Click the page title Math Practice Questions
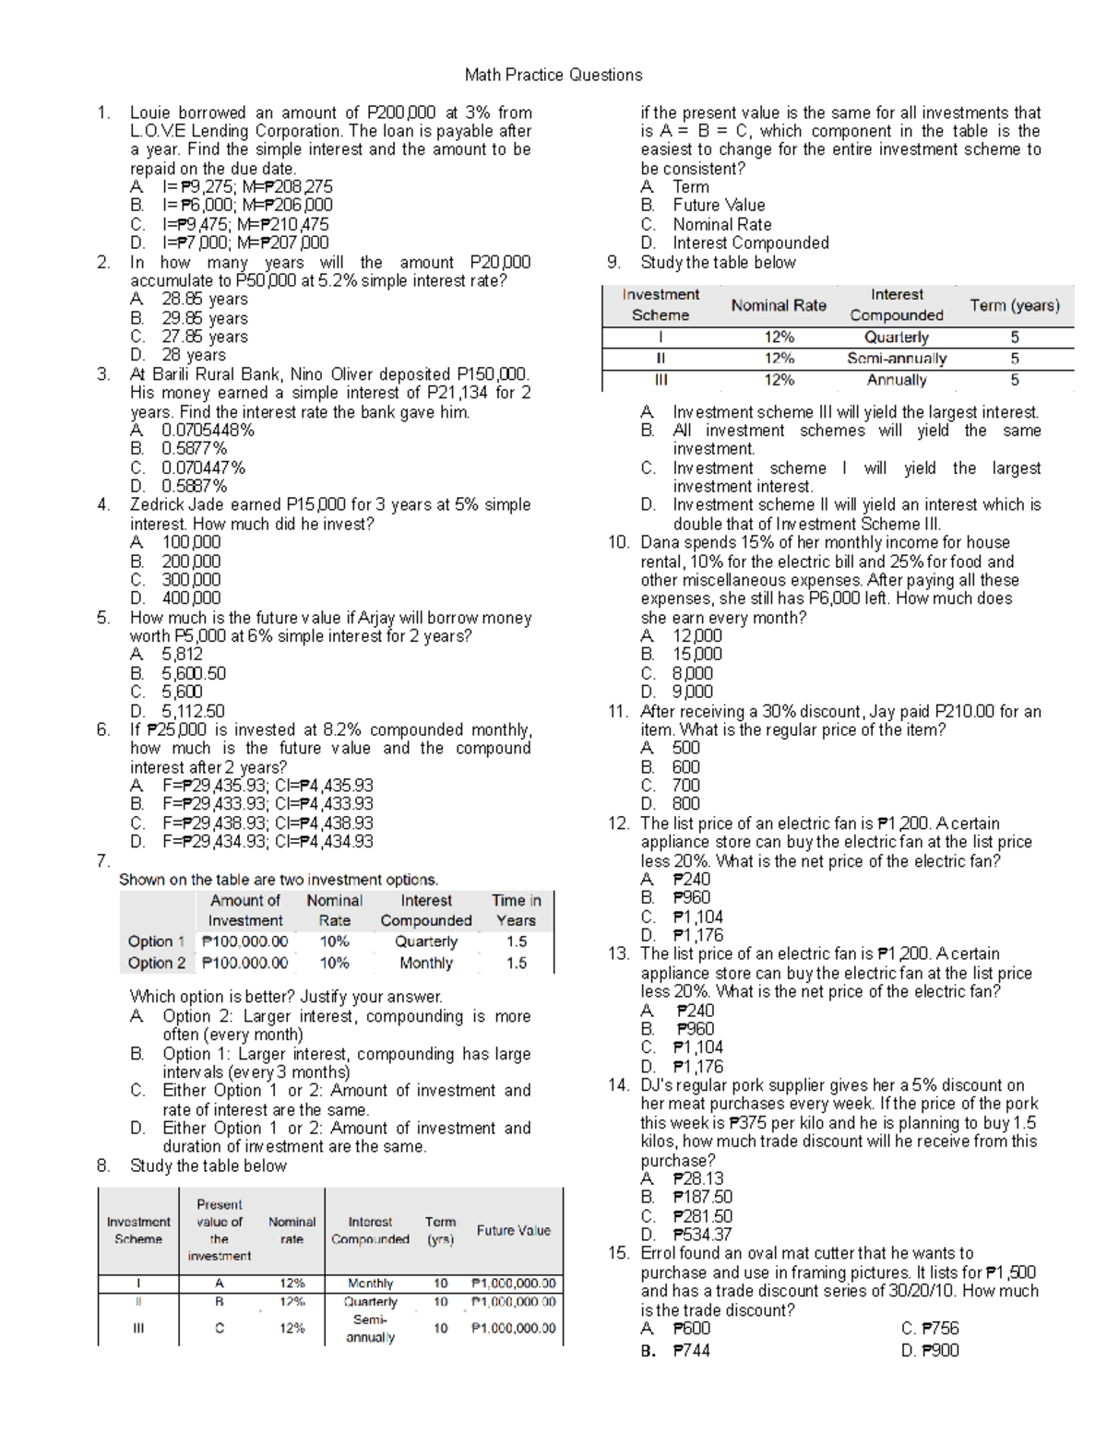pyautogui.click(x=553, y=75)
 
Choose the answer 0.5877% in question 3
pyautogui.click(x=194, y=448)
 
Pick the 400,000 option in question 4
pyautogui.click(x=191, y=598)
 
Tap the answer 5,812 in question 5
pyautogui.click(x=182, y=654)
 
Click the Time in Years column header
pyautogui.click(x=516, y=910)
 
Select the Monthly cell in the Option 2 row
pyautogui.click(x=426, y=963)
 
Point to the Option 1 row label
pyautogui.click(x=156, y=941)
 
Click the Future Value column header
pyautogui.click(x=513, y=1230)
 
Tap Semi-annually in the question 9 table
pyautogui.click(x=897, y=358)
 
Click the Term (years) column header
pyautogui.click(x=1014, y=305)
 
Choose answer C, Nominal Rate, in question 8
pyautogui.click(x=721, y=224)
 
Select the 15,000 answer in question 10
pyautogui.click(x=696, y=654)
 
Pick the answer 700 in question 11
pyautogui.click(x=685, y=785)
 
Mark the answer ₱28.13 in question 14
pyautogui.click(x=697, y=1178)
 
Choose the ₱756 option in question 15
pyautogui.click(x=940, y=1328)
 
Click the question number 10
pyautogui.click(x=618, y=542)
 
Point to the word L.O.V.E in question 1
pyautogui.click(x=158, y=131)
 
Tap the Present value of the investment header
pyautogui.click(x=219, y=1230)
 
